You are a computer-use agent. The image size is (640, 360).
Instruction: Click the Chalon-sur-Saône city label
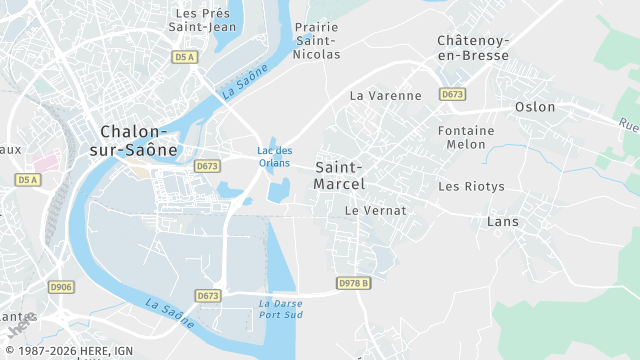point(139,141)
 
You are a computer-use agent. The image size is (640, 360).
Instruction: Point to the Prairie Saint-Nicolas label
point(317,41)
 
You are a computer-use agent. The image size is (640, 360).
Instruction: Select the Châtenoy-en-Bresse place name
point(473,48)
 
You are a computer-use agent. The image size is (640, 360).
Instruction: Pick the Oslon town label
point(535,107)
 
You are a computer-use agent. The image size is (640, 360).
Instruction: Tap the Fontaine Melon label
point(467,138)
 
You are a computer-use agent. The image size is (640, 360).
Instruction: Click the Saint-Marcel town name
point(340,175)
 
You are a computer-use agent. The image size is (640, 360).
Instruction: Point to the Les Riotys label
point(472,187)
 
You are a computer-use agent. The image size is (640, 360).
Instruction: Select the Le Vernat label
point(376,211)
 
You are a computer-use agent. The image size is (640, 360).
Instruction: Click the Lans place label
point(502,222)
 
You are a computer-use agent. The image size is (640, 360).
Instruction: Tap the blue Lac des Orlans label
point(275,157)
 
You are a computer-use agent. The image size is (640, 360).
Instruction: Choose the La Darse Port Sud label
point(281,309)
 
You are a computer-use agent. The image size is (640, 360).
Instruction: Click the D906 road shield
point(61,288)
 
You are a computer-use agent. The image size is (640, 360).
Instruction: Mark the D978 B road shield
point(354,283)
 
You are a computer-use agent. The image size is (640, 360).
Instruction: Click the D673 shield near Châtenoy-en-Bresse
point(452,94)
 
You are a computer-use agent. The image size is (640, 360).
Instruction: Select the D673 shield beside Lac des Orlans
point(207,166)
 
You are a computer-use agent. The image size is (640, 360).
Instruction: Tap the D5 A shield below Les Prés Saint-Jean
point(185,58)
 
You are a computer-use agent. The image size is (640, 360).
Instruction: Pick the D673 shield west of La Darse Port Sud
point(207,296)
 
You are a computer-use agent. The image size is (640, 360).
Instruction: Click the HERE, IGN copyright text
point(67,351)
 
